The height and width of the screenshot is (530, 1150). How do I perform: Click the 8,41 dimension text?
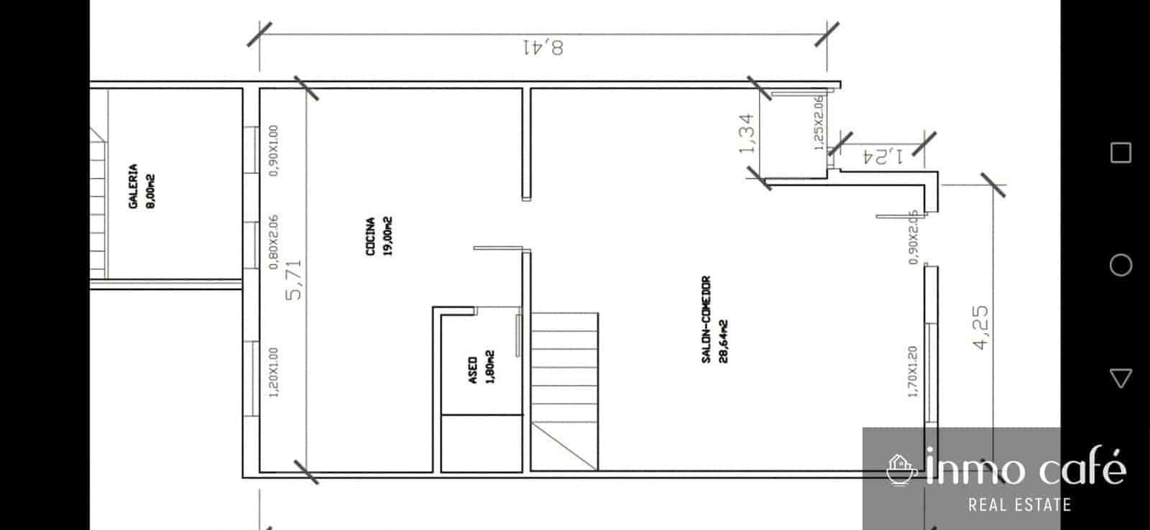(543, 47)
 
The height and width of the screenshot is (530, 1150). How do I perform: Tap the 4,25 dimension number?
(980, 327)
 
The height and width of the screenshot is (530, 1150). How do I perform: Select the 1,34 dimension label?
(747, 134)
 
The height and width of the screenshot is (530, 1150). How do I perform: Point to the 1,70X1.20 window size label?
(913, 371)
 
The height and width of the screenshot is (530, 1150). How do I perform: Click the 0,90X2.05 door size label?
(913, 237)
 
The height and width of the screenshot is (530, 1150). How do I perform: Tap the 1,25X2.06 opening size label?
(818, 123)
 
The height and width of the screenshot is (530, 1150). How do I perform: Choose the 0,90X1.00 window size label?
(273, 150)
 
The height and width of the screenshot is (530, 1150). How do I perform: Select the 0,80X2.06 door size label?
(273, 242)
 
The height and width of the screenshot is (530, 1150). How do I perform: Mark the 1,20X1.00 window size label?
(273, 372)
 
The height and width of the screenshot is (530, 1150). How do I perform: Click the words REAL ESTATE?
(1019, 505)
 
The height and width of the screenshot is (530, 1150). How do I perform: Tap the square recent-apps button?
(1121, 152)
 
